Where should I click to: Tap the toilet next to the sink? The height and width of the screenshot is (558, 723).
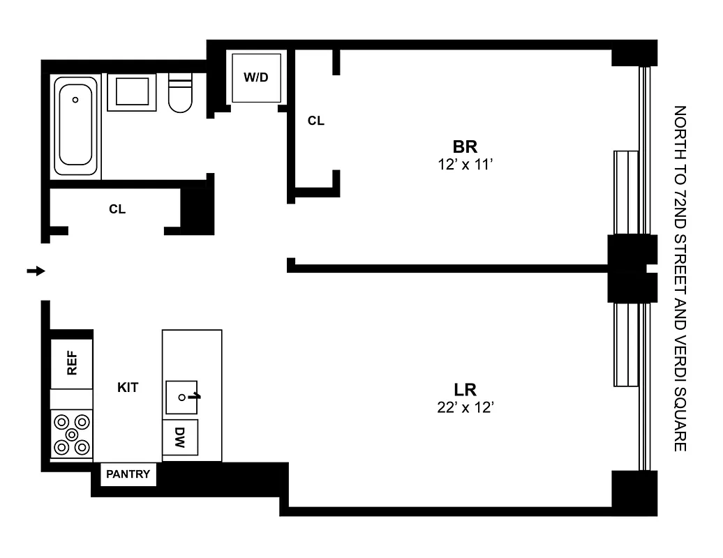point(180,94)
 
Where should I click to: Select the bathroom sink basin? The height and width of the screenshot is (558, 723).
point(131,92)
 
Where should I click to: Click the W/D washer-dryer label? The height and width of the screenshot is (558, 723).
point(255,77)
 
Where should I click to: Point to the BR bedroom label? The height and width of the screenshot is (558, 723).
point(465,147)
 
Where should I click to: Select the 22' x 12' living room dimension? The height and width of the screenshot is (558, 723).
point(465,408)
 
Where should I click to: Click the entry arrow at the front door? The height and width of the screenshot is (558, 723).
point(36,271)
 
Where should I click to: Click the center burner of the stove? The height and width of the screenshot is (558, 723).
point(72,434)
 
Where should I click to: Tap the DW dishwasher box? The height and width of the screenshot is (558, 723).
point(180,438)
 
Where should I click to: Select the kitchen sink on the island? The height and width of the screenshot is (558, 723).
point(181,397)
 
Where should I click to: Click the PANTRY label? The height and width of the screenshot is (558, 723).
point(128,474)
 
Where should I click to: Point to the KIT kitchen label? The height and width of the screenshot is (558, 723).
point(128,387)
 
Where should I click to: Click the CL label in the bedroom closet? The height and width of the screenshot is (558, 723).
point(316,121)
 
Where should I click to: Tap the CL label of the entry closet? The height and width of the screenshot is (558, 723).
point(117,209)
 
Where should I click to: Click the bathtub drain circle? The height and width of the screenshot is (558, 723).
point(76,99)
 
